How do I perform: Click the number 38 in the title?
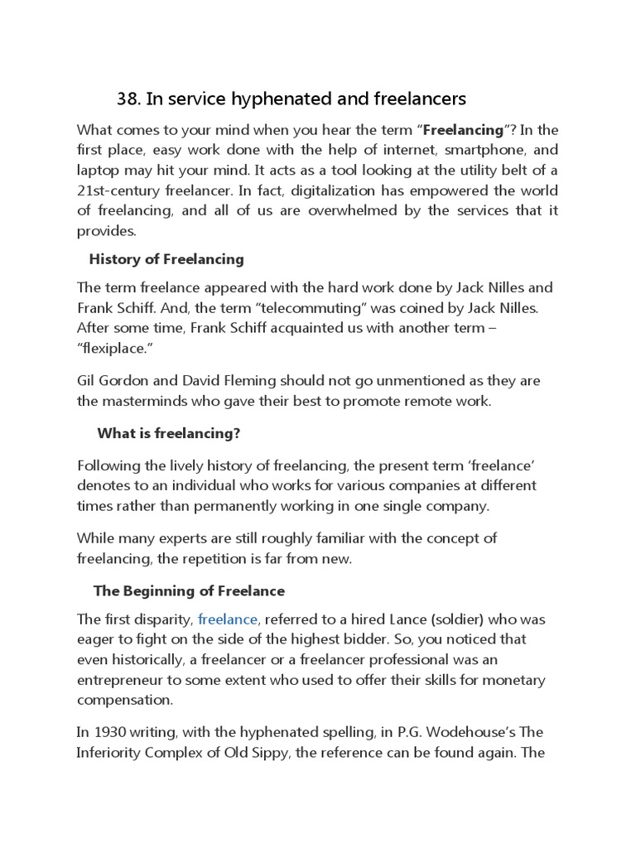[128, 99]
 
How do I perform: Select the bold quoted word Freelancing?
[464, 130]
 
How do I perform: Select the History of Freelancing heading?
[166, 259]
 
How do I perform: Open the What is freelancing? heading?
[168, 434]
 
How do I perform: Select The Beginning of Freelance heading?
[189, 591]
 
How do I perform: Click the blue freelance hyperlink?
[229, 619]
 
